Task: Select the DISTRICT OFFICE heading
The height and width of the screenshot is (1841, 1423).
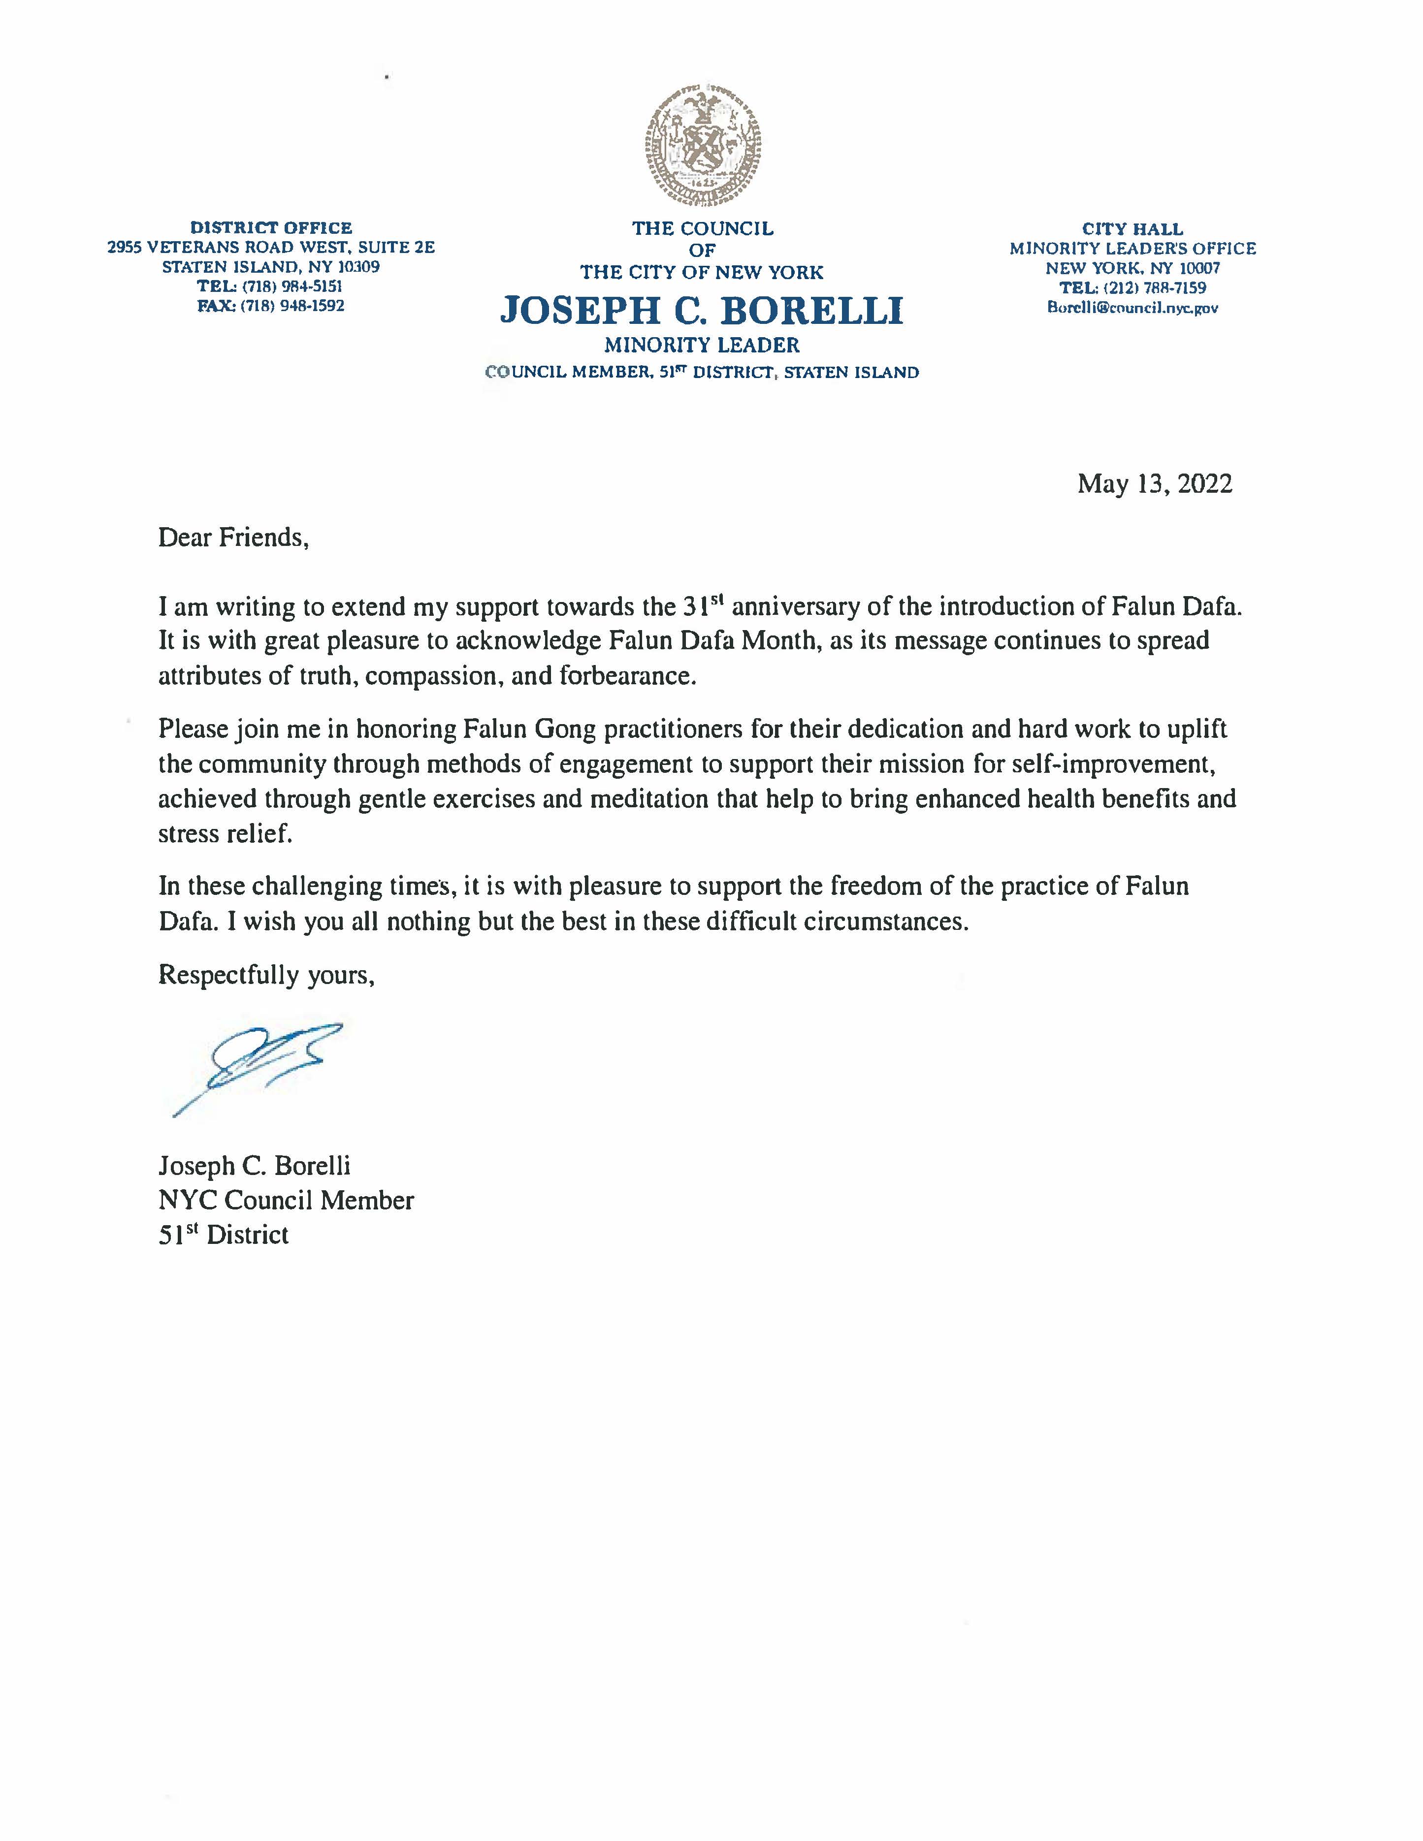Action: [x=271, y=227]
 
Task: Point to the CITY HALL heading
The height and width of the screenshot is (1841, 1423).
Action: [x=1132, y=229]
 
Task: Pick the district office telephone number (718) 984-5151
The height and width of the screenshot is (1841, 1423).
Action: [x=291, y=286]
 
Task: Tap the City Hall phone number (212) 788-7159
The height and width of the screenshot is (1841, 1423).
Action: [x=1154, y=288]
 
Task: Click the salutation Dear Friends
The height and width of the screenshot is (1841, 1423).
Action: [x=233, y=538]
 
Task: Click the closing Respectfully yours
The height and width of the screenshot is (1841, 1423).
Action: [x=265, y=975]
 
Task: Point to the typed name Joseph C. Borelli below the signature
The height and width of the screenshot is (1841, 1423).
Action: [x=254, y=1166]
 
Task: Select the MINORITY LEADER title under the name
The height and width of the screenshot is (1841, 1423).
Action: [x=701, y=345]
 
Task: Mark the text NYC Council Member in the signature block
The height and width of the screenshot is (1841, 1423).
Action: [x=286, y=1201]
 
